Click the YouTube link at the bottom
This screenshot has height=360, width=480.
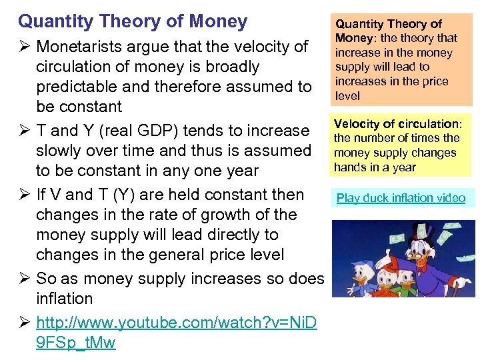pos(177,323)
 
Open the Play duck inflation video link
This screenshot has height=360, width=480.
pos(401,198)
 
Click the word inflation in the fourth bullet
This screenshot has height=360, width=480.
pos(64,299)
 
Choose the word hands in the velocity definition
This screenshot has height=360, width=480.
pos(349,167)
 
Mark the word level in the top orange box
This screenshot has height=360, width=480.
pos(347,96)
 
